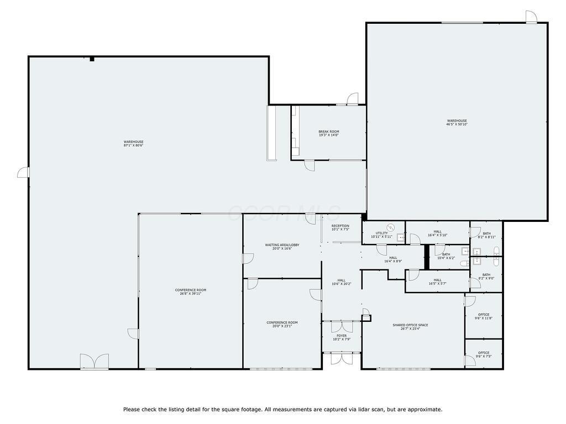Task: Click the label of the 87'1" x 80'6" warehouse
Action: [x=133, y=144]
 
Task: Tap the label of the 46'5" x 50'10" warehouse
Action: [x=457, y=123]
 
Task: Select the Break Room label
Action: [x=328, y=133]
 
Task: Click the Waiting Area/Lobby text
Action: [x=282, y=246]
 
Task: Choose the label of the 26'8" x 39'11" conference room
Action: [x=190, y=291]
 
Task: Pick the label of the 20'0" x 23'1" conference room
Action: [x=282, y=324]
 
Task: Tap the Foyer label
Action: [x=342, y=337]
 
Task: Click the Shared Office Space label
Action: [x=410, y=327]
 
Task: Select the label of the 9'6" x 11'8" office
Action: [x=484, y=316]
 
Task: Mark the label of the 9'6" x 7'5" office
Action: [x=484, y=354]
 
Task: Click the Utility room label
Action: [x=381, y=235]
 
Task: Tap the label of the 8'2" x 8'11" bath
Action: [x=486, y=235]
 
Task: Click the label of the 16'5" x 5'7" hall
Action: [x=437, y=282]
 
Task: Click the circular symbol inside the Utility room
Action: [x=391, y=227]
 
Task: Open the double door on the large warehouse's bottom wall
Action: [x=95, y=362]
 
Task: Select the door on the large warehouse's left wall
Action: [x=23, y=173]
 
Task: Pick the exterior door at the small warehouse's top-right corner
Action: [x=531, y=17]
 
